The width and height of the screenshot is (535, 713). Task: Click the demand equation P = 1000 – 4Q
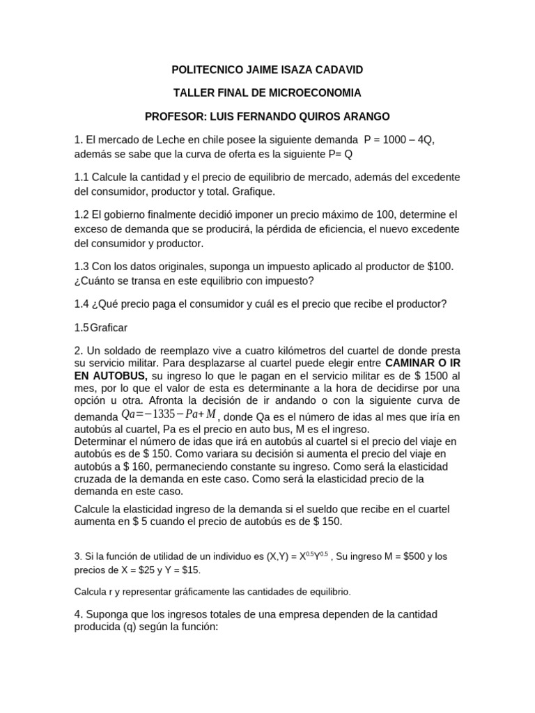coord(400,141)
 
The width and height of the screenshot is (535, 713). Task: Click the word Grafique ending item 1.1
coord(254,191)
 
